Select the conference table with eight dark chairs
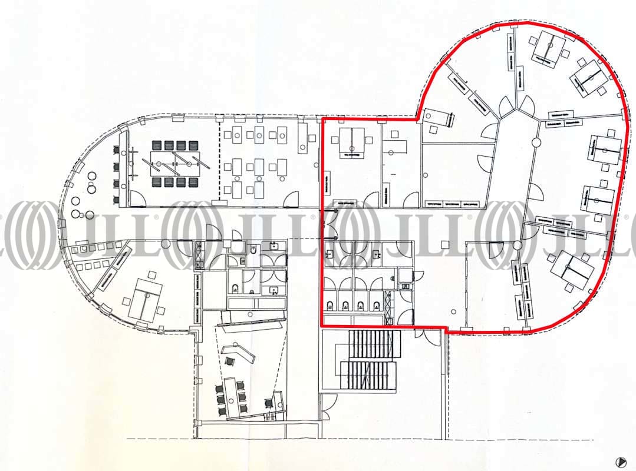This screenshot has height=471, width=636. coord(174,163)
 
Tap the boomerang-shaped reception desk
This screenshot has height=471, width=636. coord(239,354)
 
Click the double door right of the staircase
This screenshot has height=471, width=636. coord(430,336)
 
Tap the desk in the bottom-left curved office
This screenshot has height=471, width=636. coord(144,297)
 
